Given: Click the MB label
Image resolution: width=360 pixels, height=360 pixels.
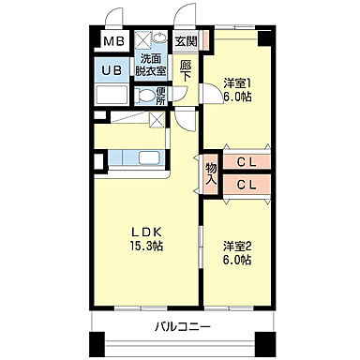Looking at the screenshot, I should tap(113, 41).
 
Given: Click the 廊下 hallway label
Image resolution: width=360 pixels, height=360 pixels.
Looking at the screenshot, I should tap(186, 72).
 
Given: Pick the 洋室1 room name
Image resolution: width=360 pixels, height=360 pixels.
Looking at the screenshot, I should tap(236, 84).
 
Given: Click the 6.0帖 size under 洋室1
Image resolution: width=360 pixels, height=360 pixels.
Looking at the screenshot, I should tap(236, 99).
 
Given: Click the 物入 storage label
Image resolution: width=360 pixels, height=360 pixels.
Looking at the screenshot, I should tap(211, 172).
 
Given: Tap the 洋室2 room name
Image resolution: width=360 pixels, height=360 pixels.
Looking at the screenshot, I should tap(236, 246).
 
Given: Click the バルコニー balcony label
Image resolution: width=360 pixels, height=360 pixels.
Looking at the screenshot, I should tap(183, 327).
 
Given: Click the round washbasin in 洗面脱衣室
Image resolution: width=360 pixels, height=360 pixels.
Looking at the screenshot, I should tap(146, 40).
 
